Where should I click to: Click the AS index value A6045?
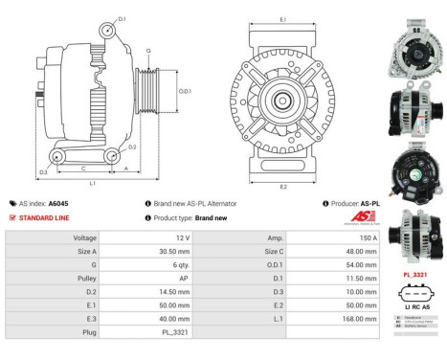(x=58, y=204)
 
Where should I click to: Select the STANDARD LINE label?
(x=43, y=217)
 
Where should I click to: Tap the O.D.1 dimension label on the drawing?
(x=185, y=92)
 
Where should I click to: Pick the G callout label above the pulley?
(x=147, y=50)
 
